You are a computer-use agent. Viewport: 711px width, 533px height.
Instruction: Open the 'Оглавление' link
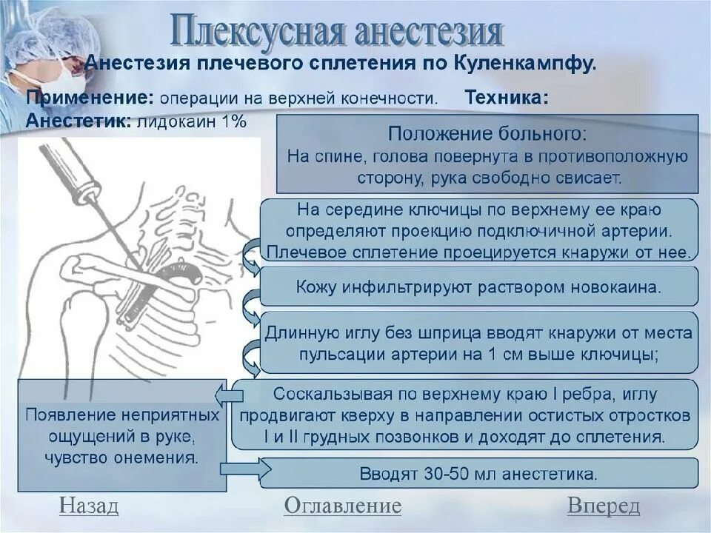tap(342, 506)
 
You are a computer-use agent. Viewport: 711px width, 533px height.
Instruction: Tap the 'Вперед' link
tap(604, 506)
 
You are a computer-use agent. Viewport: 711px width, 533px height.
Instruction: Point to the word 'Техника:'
tap(507, 98)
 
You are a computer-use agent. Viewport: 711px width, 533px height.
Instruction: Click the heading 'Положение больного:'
tap(487, 135)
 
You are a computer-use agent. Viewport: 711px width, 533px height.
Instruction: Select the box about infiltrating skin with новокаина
tap(478, 286)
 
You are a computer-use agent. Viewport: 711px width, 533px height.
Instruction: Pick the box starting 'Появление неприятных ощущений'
tap(122, 435)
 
